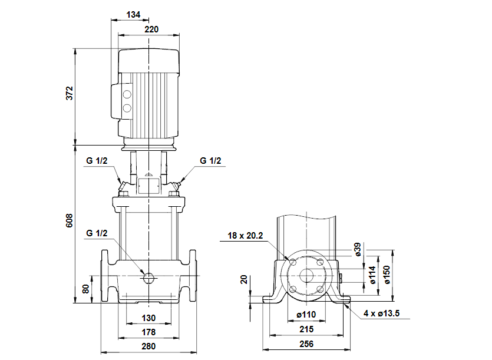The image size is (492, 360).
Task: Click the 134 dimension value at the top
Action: tap(133, 15)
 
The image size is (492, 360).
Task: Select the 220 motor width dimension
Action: tap(151, 29)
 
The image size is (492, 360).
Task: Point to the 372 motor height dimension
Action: tap(70, 93)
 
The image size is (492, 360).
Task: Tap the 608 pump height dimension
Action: tap(70, 220)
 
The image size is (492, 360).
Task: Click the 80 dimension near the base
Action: tap(86, 289)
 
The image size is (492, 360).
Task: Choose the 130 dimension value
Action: tap(148, 318)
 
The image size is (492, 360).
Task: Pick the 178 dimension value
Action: tap(148, 332)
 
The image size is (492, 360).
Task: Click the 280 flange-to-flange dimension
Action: tap(148, 346)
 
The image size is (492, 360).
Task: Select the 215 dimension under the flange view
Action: tap(306, 329)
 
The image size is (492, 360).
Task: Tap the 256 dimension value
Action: tap(306, 344)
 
